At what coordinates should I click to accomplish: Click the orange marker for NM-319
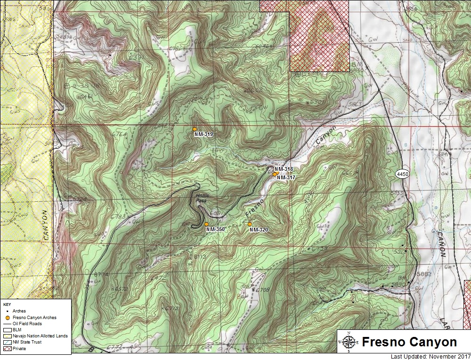tap(195, 129)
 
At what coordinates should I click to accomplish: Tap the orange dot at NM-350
tap(206, 224)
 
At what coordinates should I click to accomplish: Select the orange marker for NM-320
tap(250, 224)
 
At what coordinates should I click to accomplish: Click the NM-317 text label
tap(286, 178)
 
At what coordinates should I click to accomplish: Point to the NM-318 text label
tap(284, 169)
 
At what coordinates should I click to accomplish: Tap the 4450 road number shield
tap(402, 174)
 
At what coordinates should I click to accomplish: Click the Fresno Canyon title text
tap(409, 342)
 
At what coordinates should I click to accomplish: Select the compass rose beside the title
tap(348, 342)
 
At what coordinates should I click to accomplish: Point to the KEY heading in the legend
tap(7, 304)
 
